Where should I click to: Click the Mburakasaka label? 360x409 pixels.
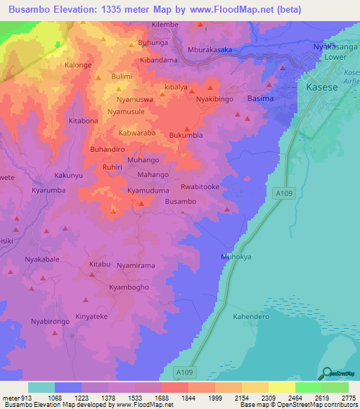[211, 50]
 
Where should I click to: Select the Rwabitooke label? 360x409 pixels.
[200, 187]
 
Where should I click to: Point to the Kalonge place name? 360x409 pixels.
[79, 65]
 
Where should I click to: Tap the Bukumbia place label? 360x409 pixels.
[186, 134]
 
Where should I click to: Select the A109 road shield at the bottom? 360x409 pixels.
[203, 370]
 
